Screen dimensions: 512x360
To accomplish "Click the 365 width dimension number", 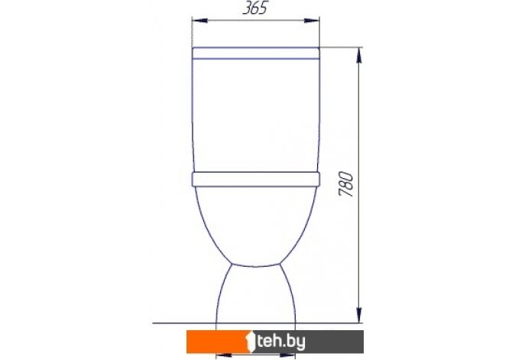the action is [x=254, y=8].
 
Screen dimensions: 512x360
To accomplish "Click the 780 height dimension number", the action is [x=346, y=184].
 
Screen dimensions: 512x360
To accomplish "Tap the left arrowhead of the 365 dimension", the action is [x=200, y=21].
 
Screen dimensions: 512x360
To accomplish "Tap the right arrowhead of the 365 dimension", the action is [x=312, y=21].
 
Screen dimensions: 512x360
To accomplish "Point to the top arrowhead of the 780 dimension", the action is [x=359, y=55].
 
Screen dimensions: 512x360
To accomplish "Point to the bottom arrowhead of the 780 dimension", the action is [x=359, y=315].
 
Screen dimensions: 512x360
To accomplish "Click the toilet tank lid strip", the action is [x=255, y=54].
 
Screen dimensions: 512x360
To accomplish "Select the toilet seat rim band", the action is [x=256, y=180].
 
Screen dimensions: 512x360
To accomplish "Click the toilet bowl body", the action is [x=256, y=226].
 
